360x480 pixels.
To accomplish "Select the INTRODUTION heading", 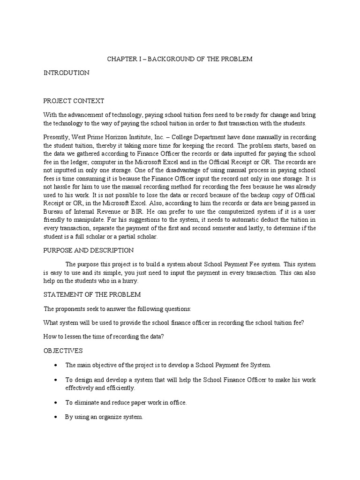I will point(66,73).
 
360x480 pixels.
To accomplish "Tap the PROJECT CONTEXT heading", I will point(74,101).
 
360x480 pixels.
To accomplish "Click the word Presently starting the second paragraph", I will point(58,136).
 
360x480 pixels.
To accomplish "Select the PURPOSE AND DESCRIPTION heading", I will point(89,250).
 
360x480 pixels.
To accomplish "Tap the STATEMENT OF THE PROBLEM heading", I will point(92,294).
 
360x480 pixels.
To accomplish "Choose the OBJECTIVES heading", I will point(63,350).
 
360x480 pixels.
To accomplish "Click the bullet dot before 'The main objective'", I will point(56,365).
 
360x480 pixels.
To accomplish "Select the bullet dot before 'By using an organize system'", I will point(56,416).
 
